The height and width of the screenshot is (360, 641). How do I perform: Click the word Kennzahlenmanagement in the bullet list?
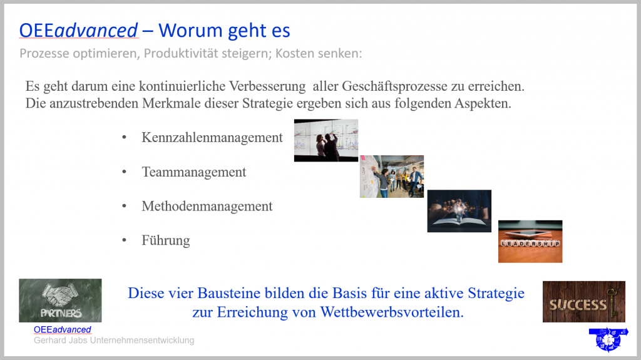point(212,138)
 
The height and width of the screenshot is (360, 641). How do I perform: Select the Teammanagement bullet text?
point(194,172)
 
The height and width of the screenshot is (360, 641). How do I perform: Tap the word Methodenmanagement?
point(207,206)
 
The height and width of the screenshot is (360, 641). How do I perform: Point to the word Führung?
point(165,240)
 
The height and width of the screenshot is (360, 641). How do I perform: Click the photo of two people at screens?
point(326,140)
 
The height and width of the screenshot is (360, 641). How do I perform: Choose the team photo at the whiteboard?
point(392,177)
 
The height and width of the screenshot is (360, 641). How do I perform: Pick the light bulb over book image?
point(459,211)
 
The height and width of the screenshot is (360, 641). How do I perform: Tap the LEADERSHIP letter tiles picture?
point(530,242)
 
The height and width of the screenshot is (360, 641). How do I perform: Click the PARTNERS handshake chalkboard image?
point(60,301)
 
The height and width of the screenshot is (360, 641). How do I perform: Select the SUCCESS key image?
point(584,302)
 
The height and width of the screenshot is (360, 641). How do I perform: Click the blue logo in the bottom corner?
point(608,339)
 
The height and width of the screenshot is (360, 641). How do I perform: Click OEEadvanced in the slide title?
point(78,31)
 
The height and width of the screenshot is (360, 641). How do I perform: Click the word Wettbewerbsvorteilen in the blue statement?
point(392,312)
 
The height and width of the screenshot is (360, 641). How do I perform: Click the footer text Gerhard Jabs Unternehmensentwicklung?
point(114,341)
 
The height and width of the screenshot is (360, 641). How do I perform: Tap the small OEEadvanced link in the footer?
point(63,330)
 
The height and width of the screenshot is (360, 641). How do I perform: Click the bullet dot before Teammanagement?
point(125,172)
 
